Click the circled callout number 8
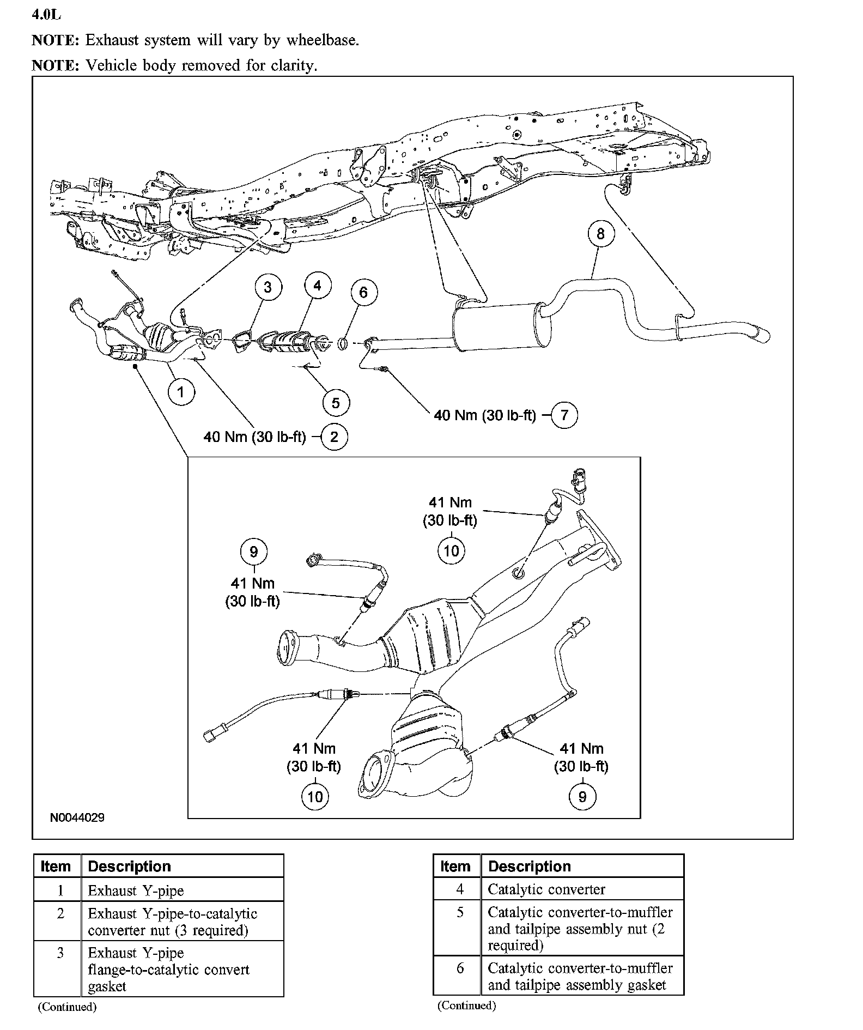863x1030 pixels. (x=600, y=234)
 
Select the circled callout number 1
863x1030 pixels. (x=181, y=391)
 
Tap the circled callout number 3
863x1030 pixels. (x=268, y=287)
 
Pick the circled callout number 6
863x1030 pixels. (x=363, y=293)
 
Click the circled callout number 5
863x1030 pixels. (x=336, y=403)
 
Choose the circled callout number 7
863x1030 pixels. (x=564, y=415)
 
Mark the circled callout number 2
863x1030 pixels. (x=335, y=437)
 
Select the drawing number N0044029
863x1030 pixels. (x=77, y=817)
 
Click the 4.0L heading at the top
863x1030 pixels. (x=46, y=15)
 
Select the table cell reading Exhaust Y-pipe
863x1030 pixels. (x=136, y=890)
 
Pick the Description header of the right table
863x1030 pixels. (x=529, y=867)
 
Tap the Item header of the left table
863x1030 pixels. (x=56, y=867)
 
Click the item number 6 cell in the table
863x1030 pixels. (x=460, y=968)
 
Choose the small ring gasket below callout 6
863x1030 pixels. (x=343, y=344)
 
